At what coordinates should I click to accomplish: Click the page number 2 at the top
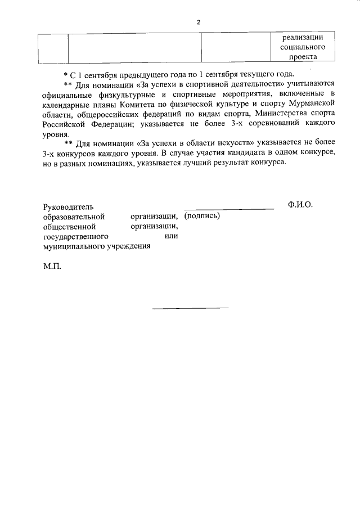click(198, 22)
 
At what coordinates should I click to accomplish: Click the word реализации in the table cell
click(303, 37)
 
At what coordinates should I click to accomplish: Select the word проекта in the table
click(303, 57)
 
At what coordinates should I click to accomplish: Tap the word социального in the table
click(303, 47)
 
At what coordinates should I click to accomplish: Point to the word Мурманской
click(313, 104)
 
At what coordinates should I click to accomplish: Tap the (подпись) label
click(202, 216)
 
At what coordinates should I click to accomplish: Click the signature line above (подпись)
click(229, 209)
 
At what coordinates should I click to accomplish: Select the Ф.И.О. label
click(300, 205)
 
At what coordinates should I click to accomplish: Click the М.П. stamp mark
click(52, 267)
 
